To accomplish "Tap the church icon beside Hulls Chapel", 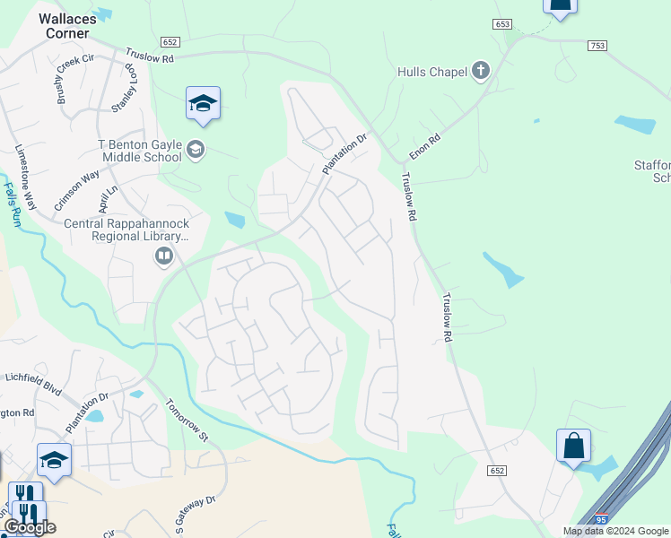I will [481, 71].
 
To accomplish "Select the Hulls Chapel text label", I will [431, 72].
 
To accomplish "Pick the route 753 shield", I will [597, 45].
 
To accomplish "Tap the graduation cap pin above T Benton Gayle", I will [204, 104].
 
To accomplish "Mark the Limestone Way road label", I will [26, 177].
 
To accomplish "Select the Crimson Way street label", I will [76, 190].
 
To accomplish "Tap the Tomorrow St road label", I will [187, 421].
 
